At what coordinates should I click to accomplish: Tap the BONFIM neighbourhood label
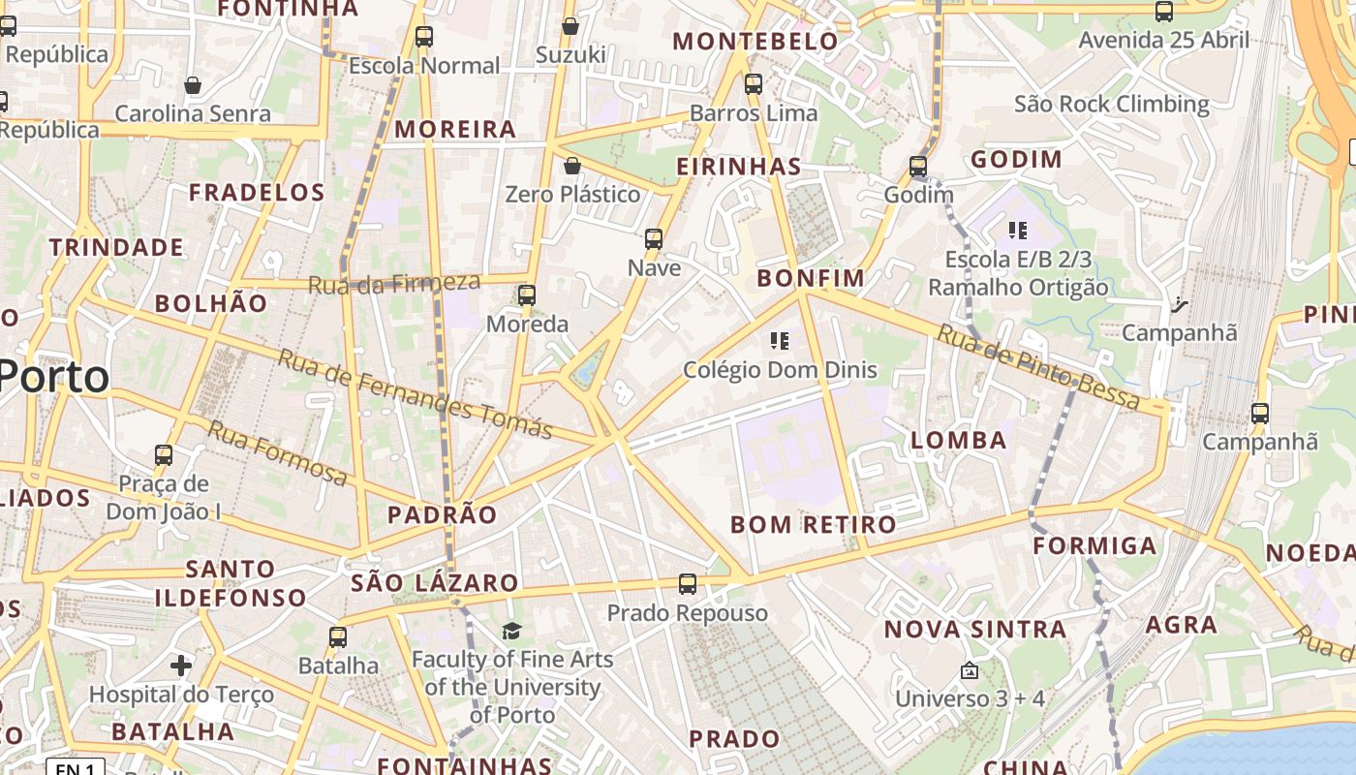coord(811,279)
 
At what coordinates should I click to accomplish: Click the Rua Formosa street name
coord(278,453)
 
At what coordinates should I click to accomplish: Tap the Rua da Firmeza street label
coord(394,284)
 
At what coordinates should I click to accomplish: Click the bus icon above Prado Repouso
coord(687,584)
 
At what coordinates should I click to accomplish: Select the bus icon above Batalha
coord(337,637)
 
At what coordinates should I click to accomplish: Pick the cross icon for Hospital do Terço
coord(181,666)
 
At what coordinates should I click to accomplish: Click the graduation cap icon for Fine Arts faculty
coord(511,632)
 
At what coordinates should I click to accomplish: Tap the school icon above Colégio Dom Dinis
coord(780,340)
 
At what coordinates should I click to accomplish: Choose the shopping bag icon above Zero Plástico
coord(572,166)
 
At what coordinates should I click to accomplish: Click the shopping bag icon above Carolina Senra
coord(193,85)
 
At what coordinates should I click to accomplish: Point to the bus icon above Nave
coord(654,238)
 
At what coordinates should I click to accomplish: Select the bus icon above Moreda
coord(527,294)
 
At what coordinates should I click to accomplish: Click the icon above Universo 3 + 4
coord(970,670)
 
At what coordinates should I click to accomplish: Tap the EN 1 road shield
coord(75,768)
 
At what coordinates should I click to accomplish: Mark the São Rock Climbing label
coord(1112,104)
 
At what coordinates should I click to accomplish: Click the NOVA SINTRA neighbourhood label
coord(974,630)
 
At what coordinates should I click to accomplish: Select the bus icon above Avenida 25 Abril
coord(1164,12)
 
